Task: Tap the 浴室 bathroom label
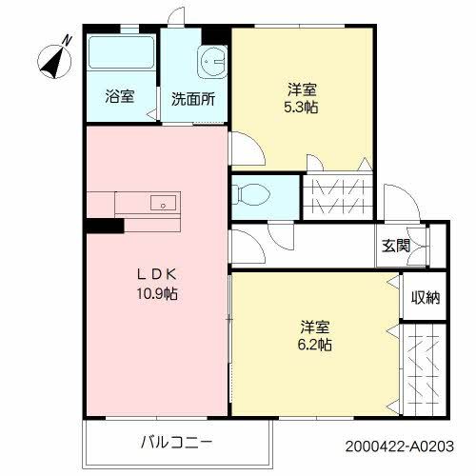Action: tap(119, 97)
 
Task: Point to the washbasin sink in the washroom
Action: tap(210, 60)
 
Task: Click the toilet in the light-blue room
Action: tap(252, 193)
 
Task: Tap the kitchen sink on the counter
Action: tap(163, 203)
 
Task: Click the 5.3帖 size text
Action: tap(302, 108)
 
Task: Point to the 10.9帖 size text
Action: tap(155, 293)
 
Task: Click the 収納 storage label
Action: tap(425, 298)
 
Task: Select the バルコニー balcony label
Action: tap(176, 441)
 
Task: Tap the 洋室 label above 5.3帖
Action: tap(302, 89)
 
